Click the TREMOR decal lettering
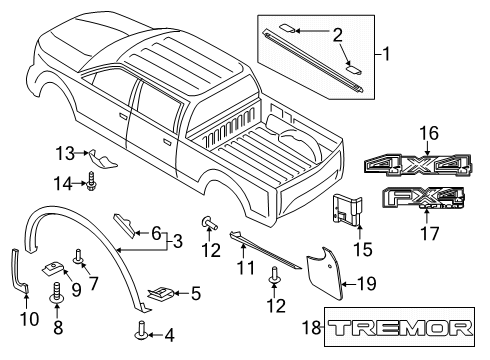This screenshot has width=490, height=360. click(x=400, y=328)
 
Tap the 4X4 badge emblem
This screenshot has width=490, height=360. click(x=418, y=164)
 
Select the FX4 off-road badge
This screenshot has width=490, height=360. click(x=423, y=198)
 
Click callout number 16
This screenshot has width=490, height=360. click(x=429, y=133)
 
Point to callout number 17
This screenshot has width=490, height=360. click(x=430, y=233)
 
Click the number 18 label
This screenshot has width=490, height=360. click(x=312, y=327)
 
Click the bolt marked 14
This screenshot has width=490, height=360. click(x=91, y=181)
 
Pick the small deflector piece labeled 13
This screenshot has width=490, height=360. click(x=102, y=158)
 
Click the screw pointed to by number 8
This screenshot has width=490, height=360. click(x=57, y=291)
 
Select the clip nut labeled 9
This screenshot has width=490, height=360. click(x=53, y=267)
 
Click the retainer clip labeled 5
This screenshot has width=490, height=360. click(x=161, y=292)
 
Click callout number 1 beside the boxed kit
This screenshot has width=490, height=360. click(x=386, y=54)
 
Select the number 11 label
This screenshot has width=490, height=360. click(x=246, y=268)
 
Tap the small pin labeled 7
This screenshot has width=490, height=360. click(x=79, y=256)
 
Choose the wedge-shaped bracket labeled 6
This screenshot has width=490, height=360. click(x=124, y=223)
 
